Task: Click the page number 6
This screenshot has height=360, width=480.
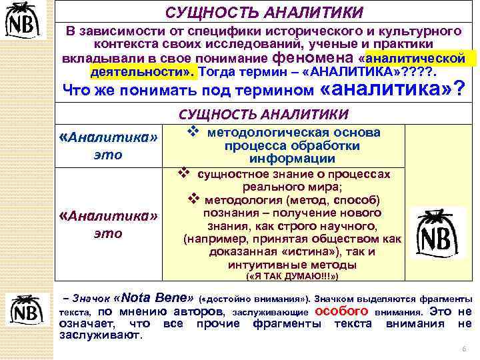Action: (463, 349)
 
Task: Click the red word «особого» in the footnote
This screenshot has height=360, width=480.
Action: (341, 311)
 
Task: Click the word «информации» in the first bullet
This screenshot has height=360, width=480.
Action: (292, 159)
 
